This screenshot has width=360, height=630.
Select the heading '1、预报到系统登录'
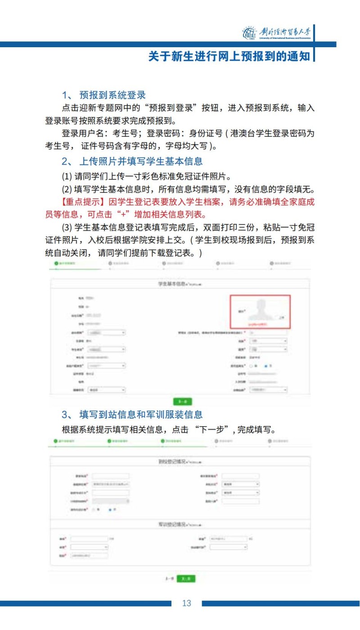tap(103, 95)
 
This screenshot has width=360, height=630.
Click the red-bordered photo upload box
tap(260, 311)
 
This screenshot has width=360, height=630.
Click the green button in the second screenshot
tap(186, 579)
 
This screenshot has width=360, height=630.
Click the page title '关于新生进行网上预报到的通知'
tap(229, 56)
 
